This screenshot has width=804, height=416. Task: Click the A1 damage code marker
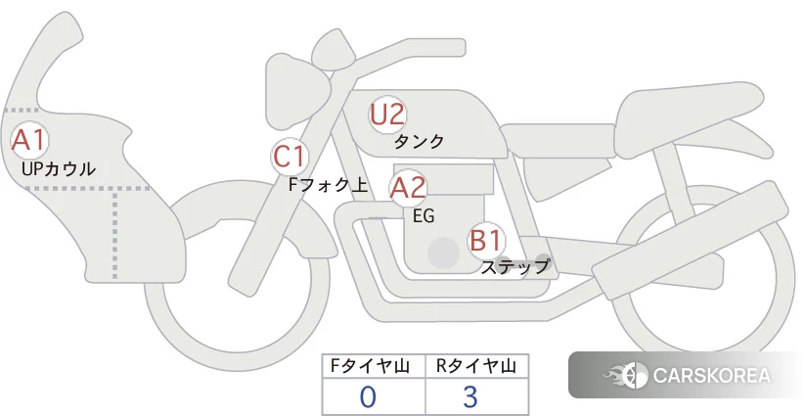coord(30,140)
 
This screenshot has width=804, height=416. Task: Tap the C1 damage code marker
coord(290,157)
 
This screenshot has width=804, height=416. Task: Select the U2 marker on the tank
coord(387,115)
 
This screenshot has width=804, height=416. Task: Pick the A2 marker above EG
coord(408,188)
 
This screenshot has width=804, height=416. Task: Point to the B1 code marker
coord(486,240)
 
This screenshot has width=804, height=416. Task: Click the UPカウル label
coord(59,168)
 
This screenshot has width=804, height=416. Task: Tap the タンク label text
coord(419,141)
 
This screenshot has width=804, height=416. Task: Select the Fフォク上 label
coord(329,185)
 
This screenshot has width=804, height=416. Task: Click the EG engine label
coord(424,216)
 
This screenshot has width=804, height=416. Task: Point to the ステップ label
coord(515,267)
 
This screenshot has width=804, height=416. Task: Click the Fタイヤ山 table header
coord(370,366)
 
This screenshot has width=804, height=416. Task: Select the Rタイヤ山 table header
coord(476,366)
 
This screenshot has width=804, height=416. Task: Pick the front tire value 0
coord(368,397)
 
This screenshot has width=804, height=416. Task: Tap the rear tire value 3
coord(470,397)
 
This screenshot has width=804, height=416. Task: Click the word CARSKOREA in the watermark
coord(712,376)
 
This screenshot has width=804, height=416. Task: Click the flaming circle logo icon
coord(627,376)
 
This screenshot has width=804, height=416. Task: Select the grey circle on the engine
coord(443,253)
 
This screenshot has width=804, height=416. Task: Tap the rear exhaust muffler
coord(691,240)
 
